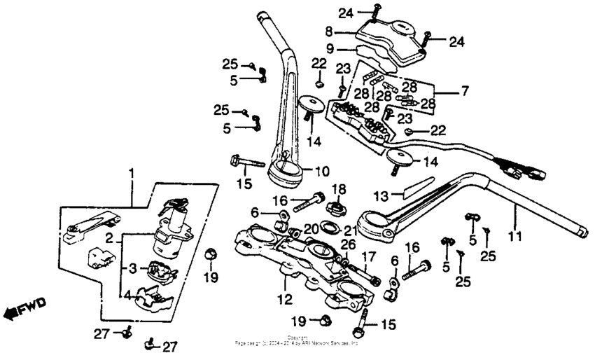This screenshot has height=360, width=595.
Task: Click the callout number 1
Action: (129, 172)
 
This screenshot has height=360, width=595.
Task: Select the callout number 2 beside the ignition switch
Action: (110, 239)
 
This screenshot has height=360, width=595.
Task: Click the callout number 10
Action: (321, 171)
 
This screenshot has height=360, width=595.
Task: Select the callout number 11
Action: (515, 237)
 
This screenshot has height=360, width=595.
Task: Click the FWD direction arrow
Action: (23, 307)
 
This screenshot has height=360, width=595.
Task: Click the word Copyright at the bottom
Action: (297, 338)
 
